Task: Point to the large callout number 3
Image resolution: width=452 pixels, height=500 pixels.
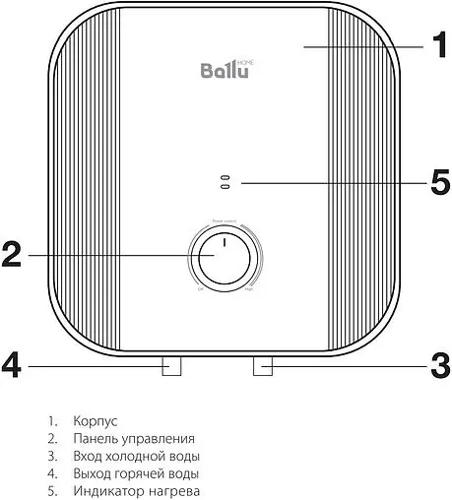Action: (439, 366)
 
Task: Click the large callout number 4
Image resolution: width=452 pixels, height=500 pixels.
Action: (12, 366)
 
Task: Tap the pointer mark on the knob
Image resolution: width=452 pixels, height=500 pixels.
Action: (224, 243)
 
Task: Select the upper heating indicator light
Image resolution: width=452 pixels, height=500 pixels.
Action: (225, 178)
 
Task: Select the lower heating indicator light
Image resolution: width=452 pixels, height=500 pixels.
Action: (225, 187)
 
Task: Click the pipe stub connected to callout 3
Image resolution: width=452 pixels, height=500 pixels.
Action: (263, 366)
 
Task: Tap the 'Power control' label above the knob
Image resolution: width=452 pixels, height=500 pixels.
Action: (224, 221)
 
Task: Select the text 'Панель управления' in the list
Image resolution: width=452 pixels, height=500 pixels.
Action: (133, 438)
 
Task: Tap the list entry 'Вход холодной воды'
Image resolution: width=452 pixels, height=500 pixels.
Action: (136, 456)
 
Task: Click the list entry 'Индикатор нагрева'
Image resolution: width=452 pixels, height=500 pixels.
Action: (136, 491)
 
